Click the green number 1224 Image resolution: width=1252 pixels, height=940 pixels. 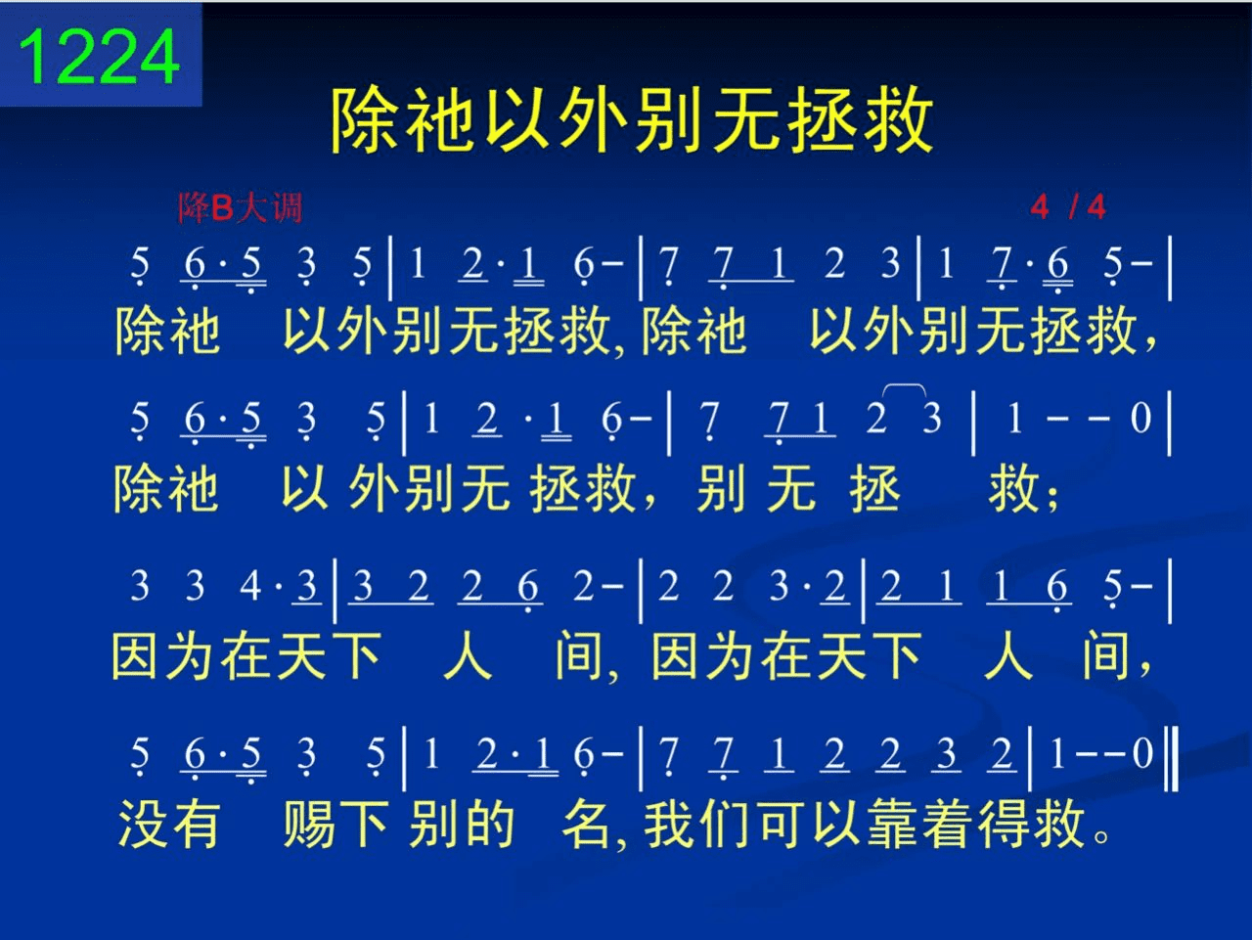[x=99, y=57]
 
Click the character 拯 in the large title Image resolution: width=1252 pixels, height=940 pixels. [x=821, y=119]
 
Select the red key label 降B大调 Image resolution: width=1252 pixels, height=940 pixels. [x=241, y=207]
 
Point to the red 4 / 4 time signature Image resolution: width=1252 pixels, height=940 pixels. [x=1068, y=207]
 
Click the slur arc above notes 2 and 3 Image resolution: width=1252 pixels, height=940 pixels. [x=904, y=388]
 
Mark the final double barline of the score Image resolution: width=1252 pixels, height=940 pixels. [x=1171, y=758]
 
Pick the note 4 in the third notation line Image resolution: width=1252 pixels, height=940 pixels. [x=249, y=586]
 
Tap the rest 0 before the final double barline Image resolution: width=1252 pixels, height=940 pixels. [x=1142, y=753]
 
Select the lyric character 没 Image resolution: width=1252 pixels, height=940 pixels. [x=140, y=823]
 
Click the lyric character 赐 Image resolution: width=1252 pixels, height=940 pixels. [x=308, y=823]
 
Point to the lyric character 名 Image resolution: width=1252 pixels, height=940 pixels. [x=586, y=823]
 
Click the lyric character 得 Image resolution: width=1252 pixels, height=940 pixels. [x=1004, y=823]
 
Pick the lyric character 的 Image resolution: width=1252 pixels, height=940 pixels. [x=489, y=823]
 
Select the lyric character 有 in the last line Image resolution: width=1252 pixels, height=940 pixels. [x=196, y=823]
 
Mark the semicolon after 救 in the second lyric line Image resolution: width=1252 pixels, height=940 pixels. [x=1052, y=497]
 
